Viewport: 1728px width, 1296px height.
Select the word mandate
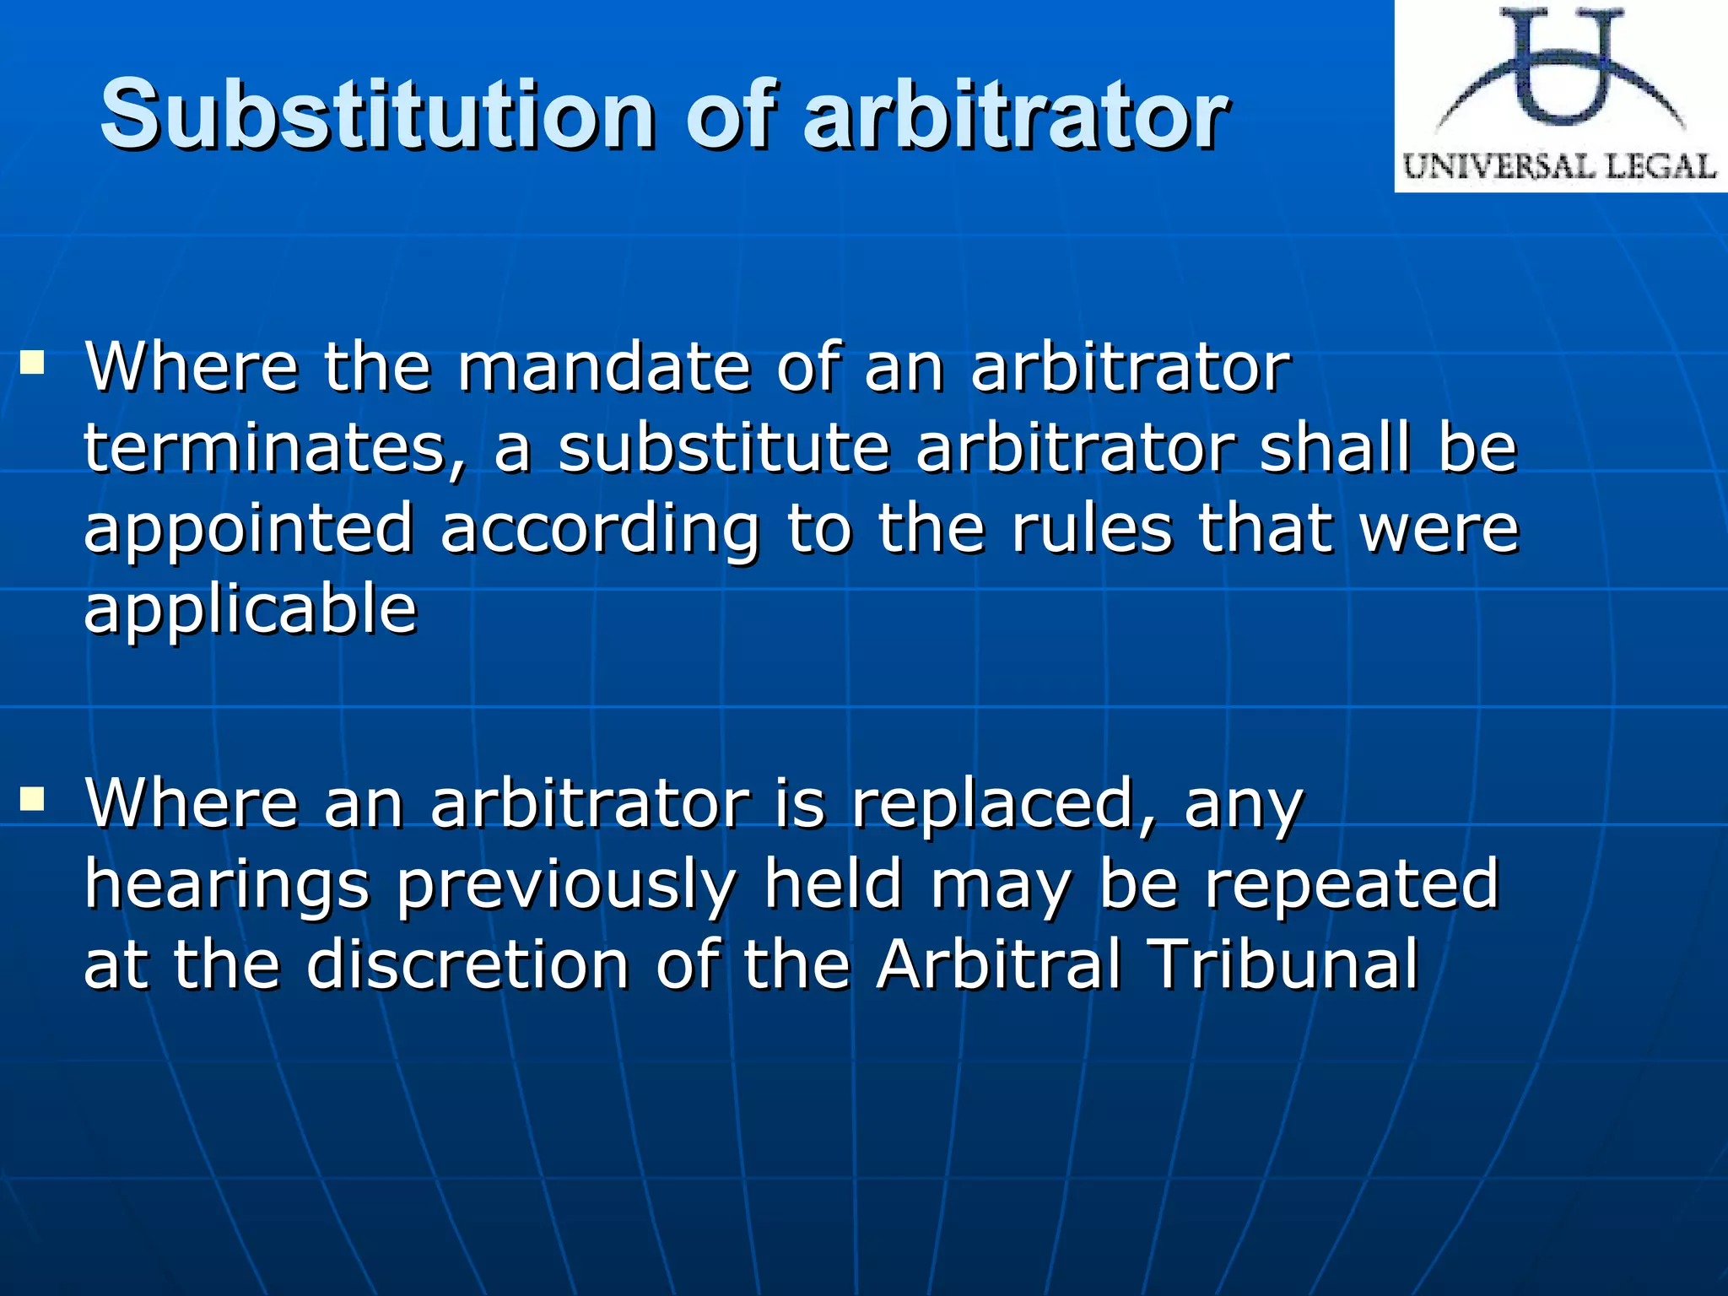604,368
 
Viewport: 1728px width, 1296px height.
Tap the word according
600,530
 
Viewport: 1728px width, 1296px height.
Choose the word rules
1092,528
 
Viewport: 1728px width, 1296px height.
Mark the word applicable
251,609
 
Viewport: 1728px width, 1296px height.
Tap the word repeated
1351,884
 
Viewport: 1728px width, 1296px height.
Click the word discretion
467,964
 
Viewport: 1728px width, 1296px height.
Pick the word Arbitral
999,964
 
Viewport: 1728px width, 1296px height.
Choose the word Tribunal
1284,964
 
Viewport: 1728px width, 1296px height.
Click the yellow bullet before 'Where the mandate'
33,364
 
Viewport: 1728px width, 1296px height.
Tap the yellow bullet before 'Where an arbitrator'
33,798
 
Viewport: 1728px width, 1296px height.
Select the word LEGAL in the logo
1660,166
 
